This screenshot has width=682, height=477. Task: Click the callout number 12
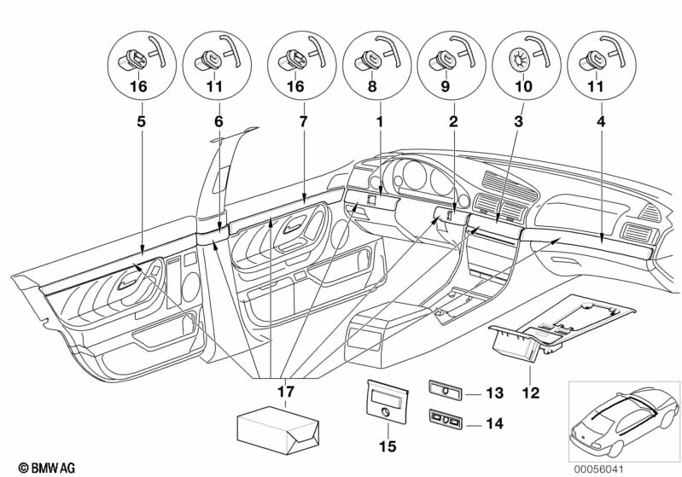point(531,393)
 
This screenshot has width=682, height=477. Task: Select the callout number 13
point(494,393)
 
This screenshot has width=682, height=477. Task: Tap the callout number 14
point(494,423)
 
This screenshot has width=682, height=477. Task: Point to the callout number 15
point(388,446)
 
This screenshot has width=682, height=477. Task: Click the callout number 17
point(286,392)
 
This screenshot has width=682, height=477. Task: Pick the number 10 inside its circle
point(524,86)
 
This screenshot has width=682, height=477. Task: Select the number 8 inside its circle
point(372,86)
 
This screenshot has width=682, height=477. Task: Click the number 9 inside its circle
point(445,86)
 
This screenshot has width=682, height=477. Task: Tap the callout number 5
point(142,121)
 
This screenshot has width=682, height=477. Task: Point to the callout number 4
point(601,121)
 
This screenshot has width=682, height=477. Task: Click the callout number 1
point(380,121)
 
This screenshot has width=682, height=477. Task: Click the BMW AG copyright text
point(47,468)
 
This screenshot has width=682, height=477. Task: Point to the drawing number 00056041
point(598,469)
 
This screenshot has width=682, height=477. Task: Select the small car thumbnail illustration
point(624,422)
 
